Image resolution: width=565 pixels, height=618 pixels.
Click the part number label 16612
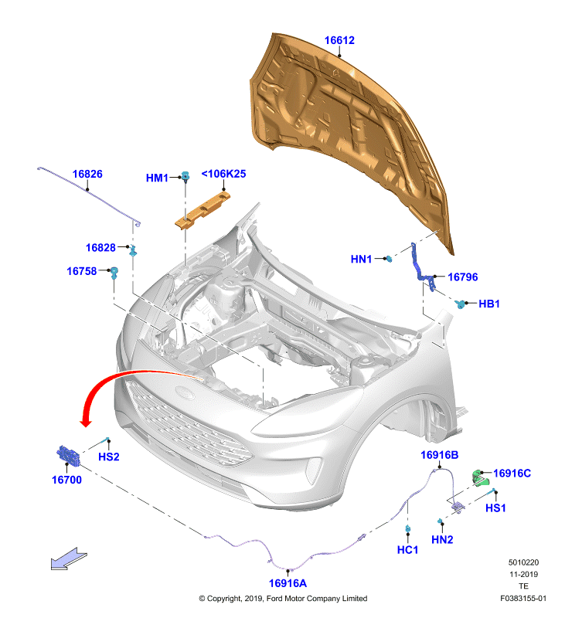(x=339, y=40)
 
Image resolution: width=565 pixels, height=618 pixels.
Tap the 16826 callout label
(x=87, y=174)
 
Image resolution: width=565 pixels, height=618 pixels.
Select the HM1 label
(x=157, y=178)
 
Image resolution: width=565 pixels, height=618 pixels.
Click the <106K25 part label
(x=223, y=174)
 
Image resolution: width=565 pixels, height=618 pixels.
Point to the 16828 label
(x=100, y=248)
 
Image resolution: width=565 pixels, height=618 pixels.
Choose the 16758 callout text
(x=81, y=271)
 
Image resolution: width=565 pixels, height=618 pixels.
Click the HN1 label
(x=362, y=260)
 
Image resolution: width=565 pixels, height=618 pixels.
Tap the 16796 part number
(x=463, y=277)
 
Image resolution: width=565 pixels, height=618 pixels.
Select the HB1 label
(x=489, y=304)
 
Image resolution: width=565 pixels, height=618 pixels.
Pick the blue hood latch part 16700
(x=67, y=457)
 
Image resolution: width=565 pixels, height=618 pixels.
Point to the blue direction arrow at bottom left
(x=69, y=558)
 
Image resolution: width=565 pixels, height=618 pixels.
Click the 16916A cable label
(x=288, y=583)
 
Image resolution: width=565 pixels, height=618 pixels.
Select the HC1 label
(x=407, y=550)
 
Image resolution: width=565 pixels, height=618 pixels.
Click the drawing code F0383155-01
(x=523, y=598)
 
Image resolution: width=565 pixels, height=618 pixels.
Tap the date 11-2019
(x=523, y=575)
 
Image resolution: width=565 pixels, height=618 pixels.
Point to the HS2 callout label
(x=109, y=457)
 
